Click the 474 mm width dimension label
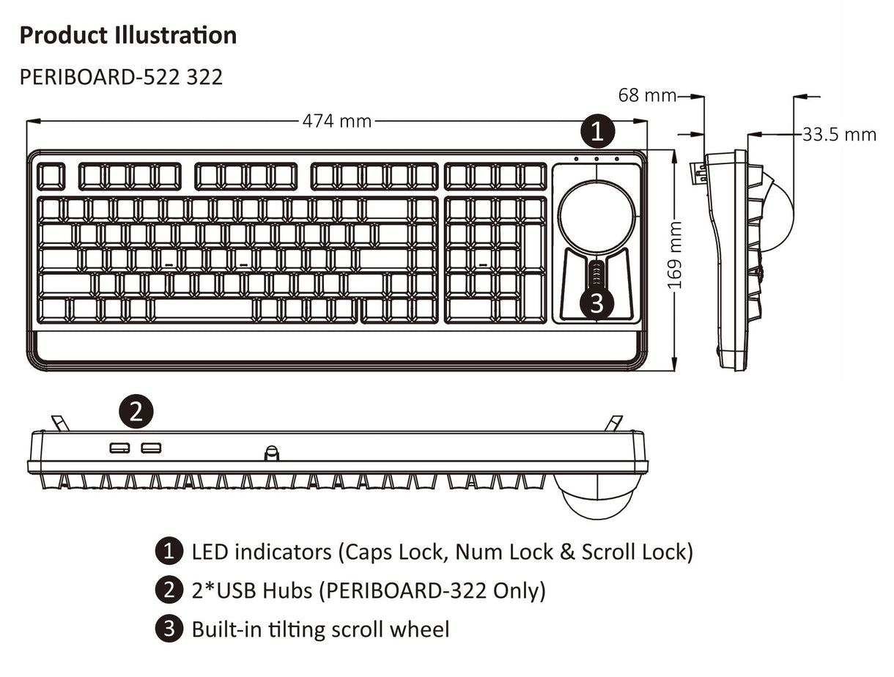(337, 121)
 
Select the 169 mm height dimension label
(675, 254)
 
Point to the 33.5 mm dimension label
(839, 134)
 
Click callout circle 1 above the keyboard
(597, 132)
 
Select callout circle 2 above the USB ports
(136, 412)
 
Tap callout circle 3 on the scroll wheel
(596, 303)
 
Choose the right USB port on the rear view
(152, 448)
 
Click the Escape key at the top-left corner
(51, 177)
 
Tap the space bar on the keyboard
(203, 309)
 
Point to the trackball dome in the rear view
(597, 498)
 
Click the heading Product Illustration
(128, 35)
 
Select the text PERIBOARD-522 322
(121, 76)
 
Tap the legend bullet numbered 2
(168, 590)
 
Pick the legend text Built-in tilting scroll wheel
(320, 629)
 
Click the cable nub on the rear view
(272, 453)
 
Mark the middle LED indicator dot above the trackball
(596, 159)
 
